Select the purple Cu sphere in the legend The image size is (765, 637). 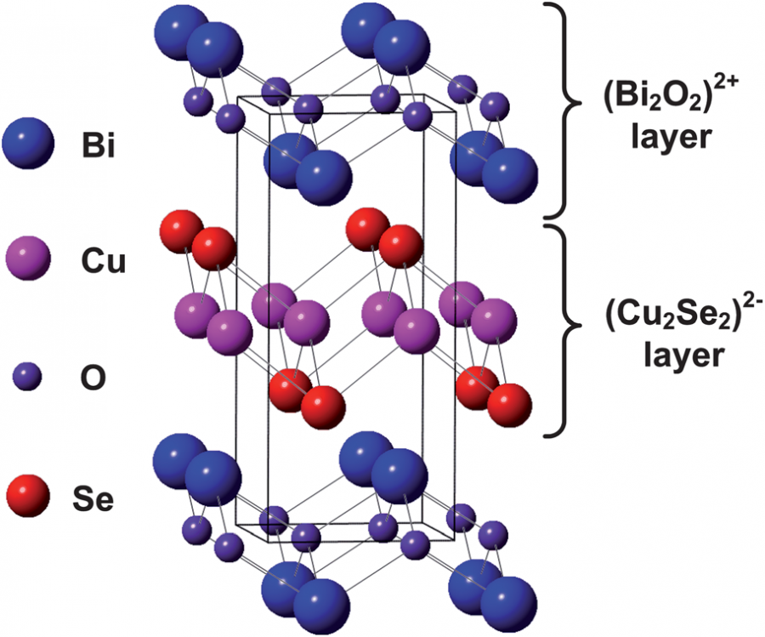pos(28,260)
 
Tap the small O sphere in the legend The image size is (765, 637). pos(28,377)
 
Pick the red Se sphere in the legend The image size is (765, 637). pos(28,495)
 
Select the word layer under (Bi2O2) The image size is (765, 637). pos(667,137)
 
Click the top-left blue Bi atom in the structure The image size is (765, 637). pos(179,30)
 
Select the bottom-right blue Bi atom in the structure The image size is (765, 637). pos(511,605)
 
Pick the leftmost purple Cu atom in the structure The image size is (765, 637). pos(196,311)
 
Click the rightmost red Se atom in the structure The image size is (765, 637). pos(509,405)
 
